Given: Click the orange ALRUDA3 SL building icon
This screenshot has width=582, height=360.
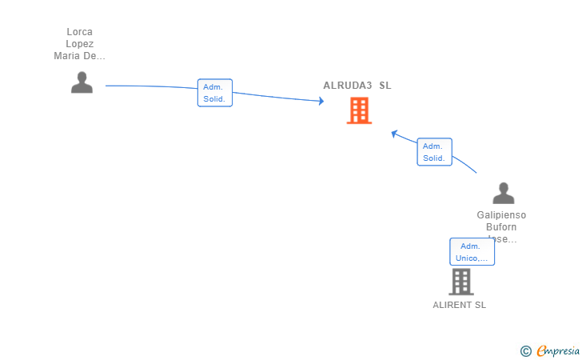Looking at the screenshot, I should (x=359, y=110).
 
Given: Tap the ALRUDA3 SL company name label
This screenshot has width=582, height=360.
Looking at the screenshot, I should (x=357, y=86).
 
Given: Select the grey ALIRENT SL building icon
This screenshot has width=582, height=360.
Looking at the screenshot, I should (x=460, y=282).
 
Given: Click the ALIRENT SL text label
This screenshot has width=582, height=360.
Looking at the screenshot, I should (x=459, y=305).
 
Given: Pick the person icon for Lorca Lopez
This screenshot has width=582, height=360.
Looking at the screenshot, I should (x=82, y=82).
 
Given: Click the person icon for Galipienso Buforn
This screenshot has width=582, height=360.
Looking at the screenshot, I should (x=503, y=193).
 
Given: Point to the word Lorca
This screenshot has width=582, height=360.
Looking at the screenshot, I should (x=79, y=32).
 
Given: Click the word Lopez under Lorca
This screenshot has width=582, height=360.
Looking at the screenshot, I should (x=79, y=44).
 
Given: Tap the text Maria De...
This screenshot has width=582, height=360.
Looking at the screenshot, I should (x=79, y=56).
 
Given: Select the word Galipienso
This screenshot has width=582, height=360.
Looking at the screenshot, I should (x=501, y=215).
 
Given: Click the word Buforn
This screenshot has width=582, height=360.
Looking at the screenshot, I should (x=501, y=227).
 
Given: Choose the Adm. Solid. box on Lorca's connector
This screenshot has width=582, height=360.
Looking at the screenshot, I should (x=214, y=93).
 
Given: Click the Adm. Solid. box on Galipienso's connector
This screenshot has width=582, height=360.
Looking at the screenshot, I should (x=434, y=152).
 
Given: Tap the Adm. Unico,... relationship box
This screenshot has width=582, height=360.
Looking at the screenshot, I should (x=472, y=252).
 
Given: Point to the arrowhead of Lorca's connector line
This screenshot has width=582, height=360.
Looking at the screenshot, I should (x=321, y=101).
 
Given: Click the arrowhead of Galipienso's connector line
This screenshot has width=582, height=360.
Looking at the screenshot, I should (x=394, y=133).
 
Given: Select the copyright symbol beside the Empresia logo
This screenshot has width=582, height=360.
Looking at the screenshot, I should (x=525, y=350).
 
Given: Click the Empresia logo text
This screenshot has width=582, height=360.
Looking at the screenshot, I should (x=558, y=350).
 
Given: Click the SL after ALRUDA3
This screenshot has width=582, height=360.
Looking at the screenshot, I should (x=385, y=86).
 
